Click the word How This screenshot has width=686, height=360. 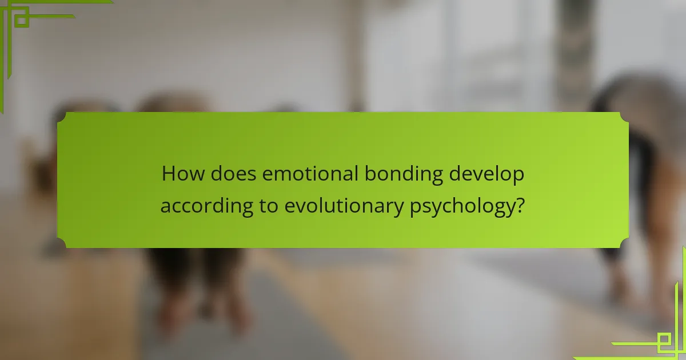click(x=183, y=174)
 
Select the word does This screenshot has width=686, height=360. click(x=233, y=174)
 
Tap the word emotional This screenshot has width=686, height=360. click(x=310, y=174)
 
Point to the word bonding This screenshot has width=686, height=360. click(x=404, y=174)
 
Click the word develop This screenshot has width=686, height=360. click(x=486, y=174)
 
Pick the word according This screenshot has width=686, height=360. click(x=207, y=206)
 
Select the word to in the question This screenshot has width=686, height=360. click(x=269, y=206)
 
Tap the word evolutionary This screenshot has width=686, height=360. click(x=344, y=206)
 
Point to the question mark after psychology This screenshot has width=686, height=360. click(x=521, y=205)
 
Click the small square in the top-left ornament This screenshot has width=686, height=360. click(x=22, y=20)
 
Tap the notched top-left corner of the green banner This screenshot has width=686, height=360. click(x=61, y=117)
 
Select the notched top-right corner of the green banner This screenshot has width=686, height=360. click(x=624, y=117)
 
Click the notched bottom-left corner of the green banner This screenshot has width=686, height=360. click(x=61, y=243)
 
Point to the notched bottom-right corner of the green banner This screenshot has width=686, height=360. click(x=624, y=243)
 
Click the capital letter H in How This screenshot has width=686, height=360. click(x=168, y=174)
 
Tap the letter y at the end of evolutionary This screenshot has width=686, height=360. click(x=398, y=209)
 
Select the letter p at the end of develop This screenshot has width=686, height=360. click(x=519, y=177)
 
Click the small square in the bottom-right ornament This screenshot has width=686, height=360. click(x=664, y=339)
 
